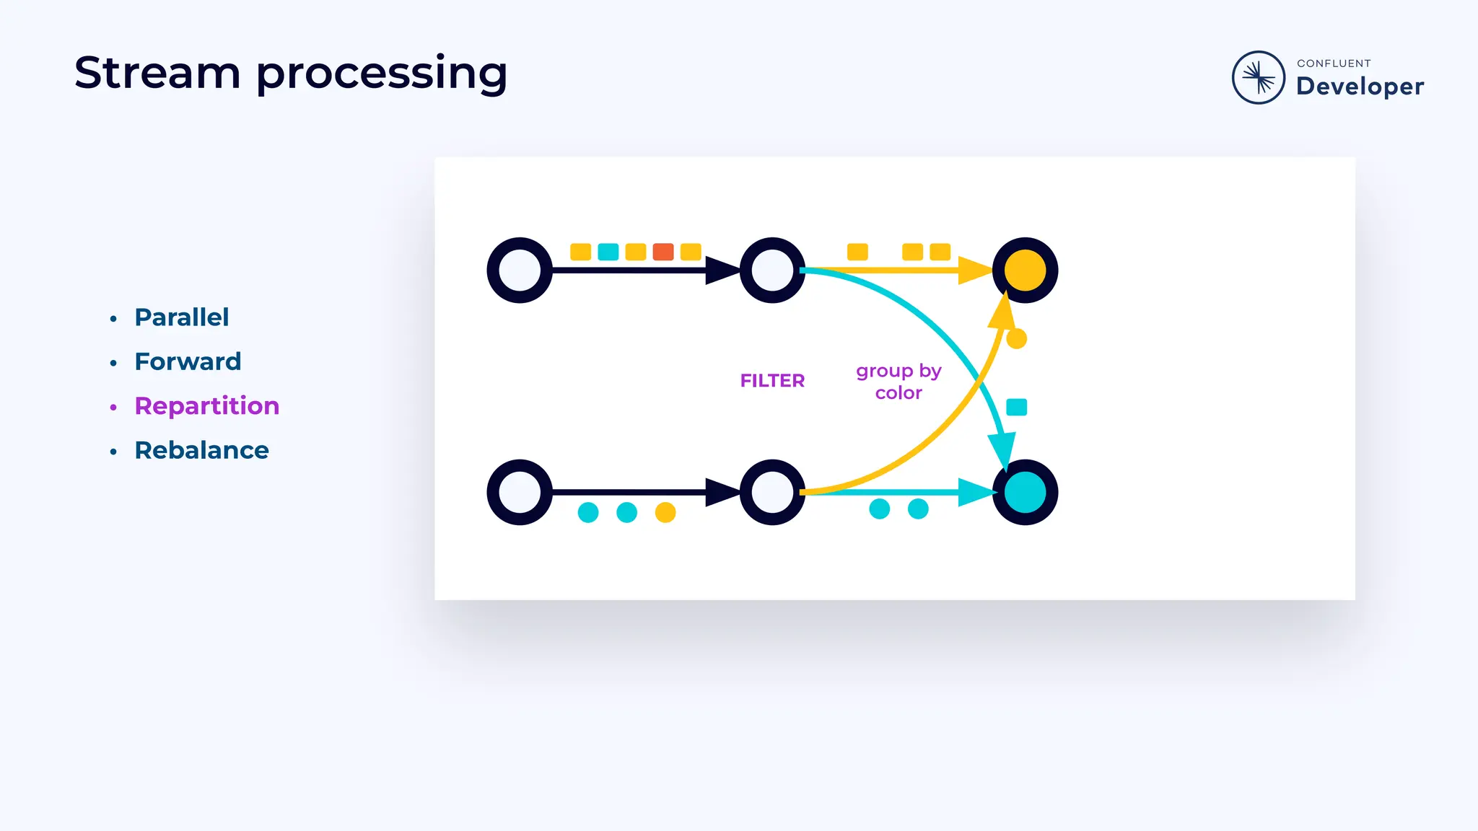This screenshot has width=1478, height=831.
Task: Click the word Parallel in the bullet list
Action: click(181, 317)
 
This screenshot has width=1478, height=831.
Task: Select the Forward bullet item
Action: click(188, 361)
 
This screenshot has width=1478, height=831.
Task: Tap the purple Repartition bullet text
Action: click(206, 406)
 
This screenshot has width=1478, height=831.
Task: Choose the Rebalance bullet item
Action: click(201, 450)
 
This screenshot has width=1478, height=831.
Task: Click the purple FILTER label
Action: click(772, 381)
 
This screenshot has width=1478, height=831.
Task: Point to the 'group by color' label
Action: click(898, 382)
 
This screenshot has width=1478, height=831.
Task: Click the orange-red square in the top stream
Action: click(663, 252)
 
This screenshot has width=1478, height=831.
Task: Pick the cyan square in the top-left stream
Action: click(608, 252)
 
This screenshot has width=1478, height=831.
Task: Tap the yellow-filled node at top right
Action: click(1025, 271)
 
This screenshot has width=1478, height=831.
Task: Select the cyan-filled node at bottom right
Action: click(1025, 493)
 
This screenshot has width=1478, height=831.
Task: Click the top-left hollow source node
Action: click(520, 271)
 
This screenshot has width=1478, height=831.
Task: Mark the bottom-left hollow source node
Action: click(520, 493)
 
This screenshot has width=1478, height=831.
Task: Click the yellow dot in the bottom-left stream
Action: click(665, 513)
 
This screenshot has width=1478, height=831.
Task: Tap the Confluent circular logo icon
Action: click(1258, 77)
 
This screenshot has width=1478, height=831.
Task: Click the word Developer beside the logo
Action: click(1360, 87)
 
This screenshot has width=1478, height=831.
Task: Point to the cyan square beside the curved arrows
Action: click(1016, 408)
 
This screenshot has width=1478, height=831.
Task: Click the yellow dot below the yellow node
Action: click(1016, 338)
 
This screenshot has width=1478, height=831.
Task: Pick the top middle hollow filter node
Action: click(772, 271)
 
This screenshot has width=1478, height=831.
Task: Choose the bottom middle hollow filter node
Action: click(772, 493)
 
